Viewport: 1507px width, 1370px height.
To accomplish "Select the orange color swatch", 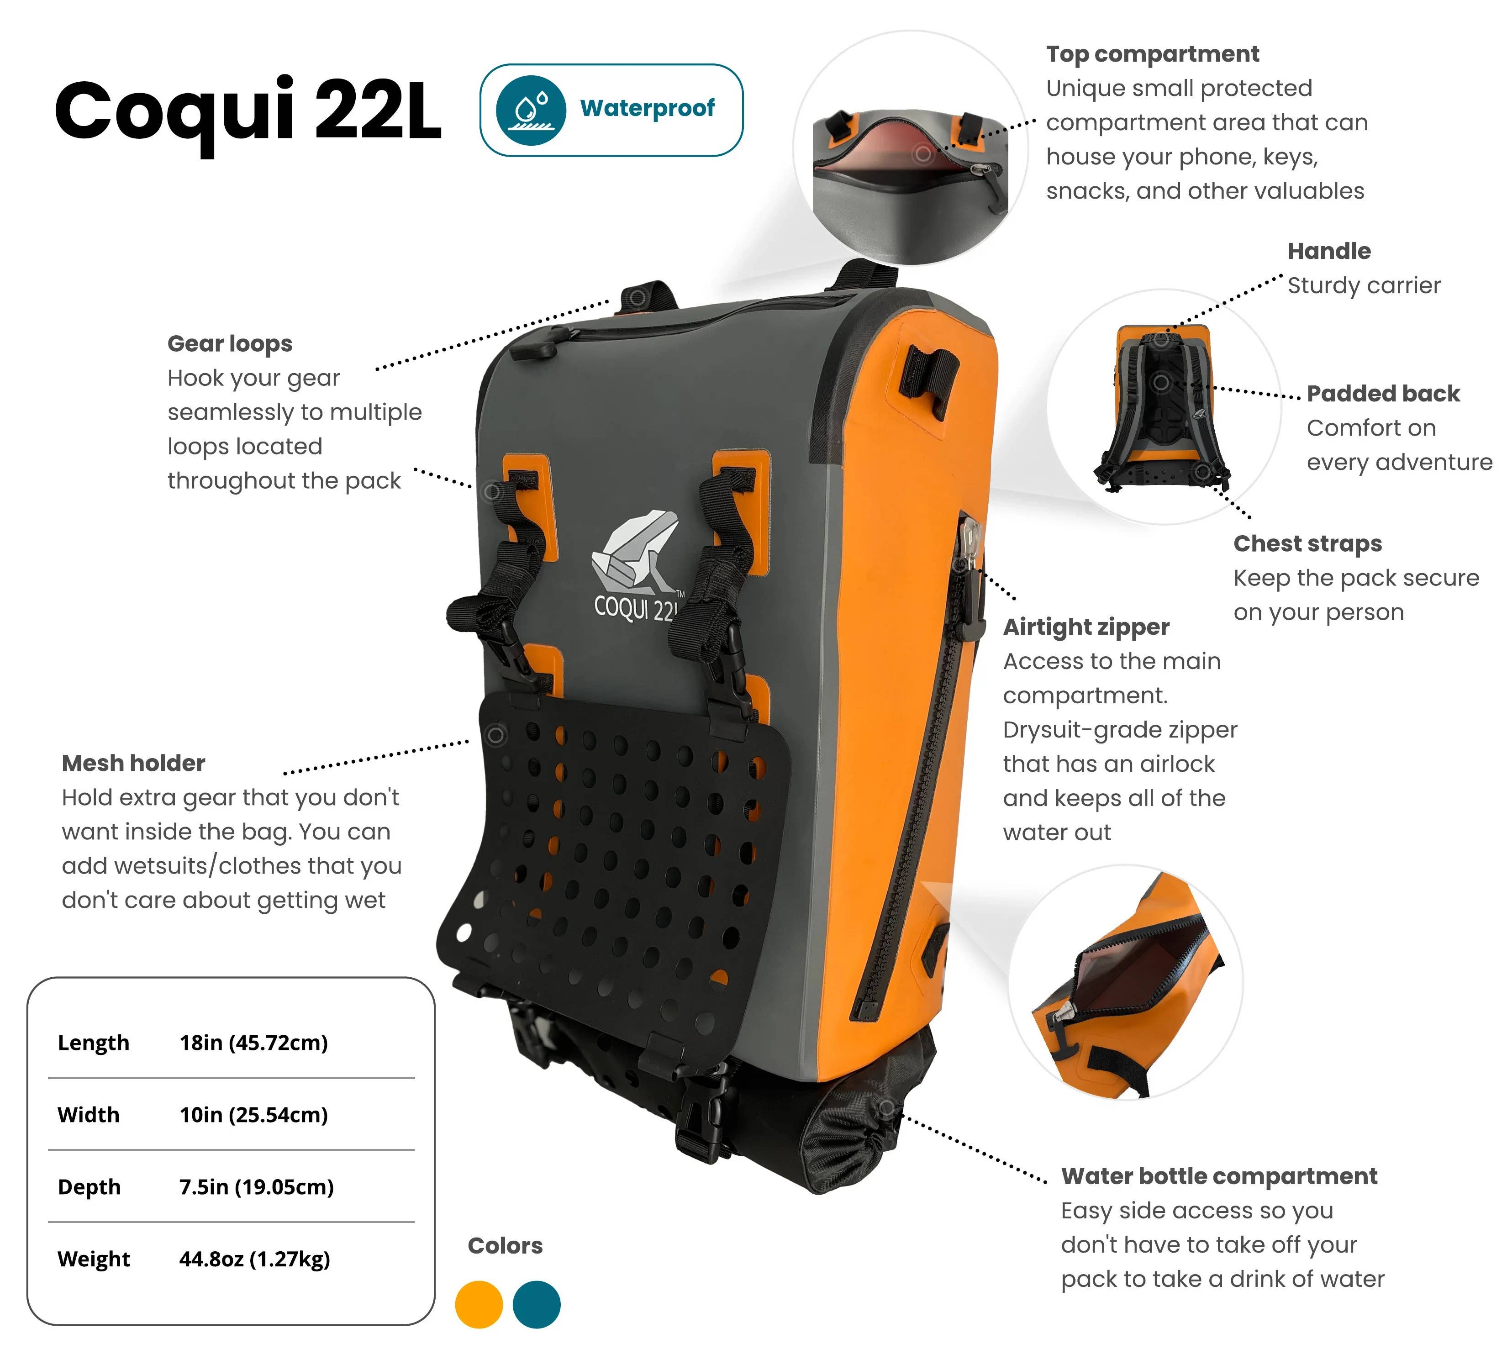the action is [x=479, y=1304].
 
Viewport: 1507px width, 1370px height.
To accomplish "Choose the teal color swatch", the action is [x=537, y=1304].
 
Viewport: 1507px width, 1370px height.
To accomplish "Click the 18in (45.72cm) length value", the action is [x=253, y=1043].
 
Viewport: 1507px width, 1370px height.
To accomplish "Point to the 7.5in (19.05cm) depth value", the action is [x=256, y=1187].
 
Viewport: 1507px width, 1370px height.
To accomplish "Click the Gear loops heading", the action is [x=230, y=344].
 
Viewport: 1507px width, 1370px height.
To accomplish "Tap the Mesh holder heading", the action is [x=133, y=763].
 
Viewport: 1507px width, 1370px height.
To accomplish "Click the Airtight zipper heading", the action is [x=1086, y=627].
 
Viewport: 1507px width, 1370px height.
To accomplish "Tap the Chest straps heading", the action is [x=1307, y=543].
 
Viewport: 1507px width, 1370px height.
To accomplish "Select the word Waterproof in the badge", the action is [x=648, y=108].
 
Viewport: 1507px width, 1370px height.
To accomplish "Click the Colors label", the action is [x=506, y=1245].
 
